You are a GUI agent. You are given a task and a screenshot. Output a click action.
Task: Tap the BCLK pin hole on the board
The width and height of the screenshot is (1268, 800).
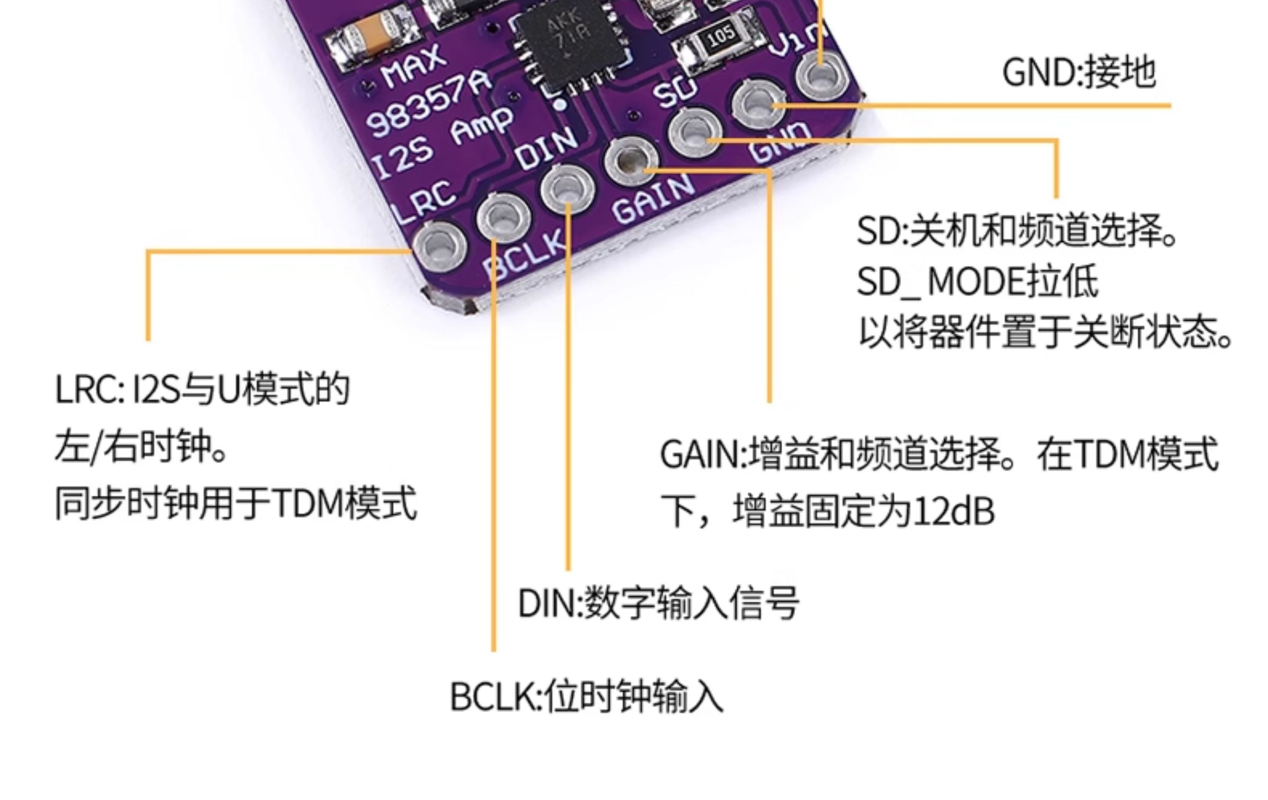(504, 218)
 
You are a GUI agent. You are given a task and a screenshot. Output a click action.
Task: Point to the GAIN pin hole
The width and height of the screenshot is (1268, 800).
(631, 161)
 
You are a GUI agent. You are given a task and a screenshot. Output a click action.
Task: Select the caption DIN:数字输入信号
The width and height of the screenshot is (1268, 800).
(658, 603)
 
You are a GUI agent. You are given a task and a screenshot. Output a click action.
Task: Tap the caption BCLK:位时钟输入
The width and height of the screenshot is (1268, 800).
(586, 696)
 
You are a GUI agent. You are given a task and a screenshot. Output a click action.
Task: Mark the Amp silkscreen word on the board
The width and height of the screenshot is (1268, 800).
(482, 126)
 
